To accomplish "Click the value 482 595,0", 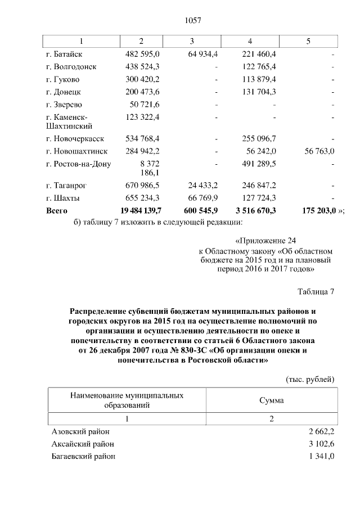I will tap(143, 54).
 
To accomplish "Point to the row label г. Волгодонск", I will tap(71, 66).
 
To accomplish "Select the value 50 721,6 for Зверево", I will tap(145, 104).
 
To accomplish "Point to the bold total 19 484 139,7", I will tap(141, 210).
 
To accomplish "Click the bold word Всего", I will tap(56, 210).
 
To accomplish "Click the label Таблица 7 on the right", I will tap(316, 291).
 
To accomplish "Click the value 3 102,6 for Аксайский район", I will tap(322, 444).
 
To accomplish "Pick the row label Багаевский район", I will tap(83, 456).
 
